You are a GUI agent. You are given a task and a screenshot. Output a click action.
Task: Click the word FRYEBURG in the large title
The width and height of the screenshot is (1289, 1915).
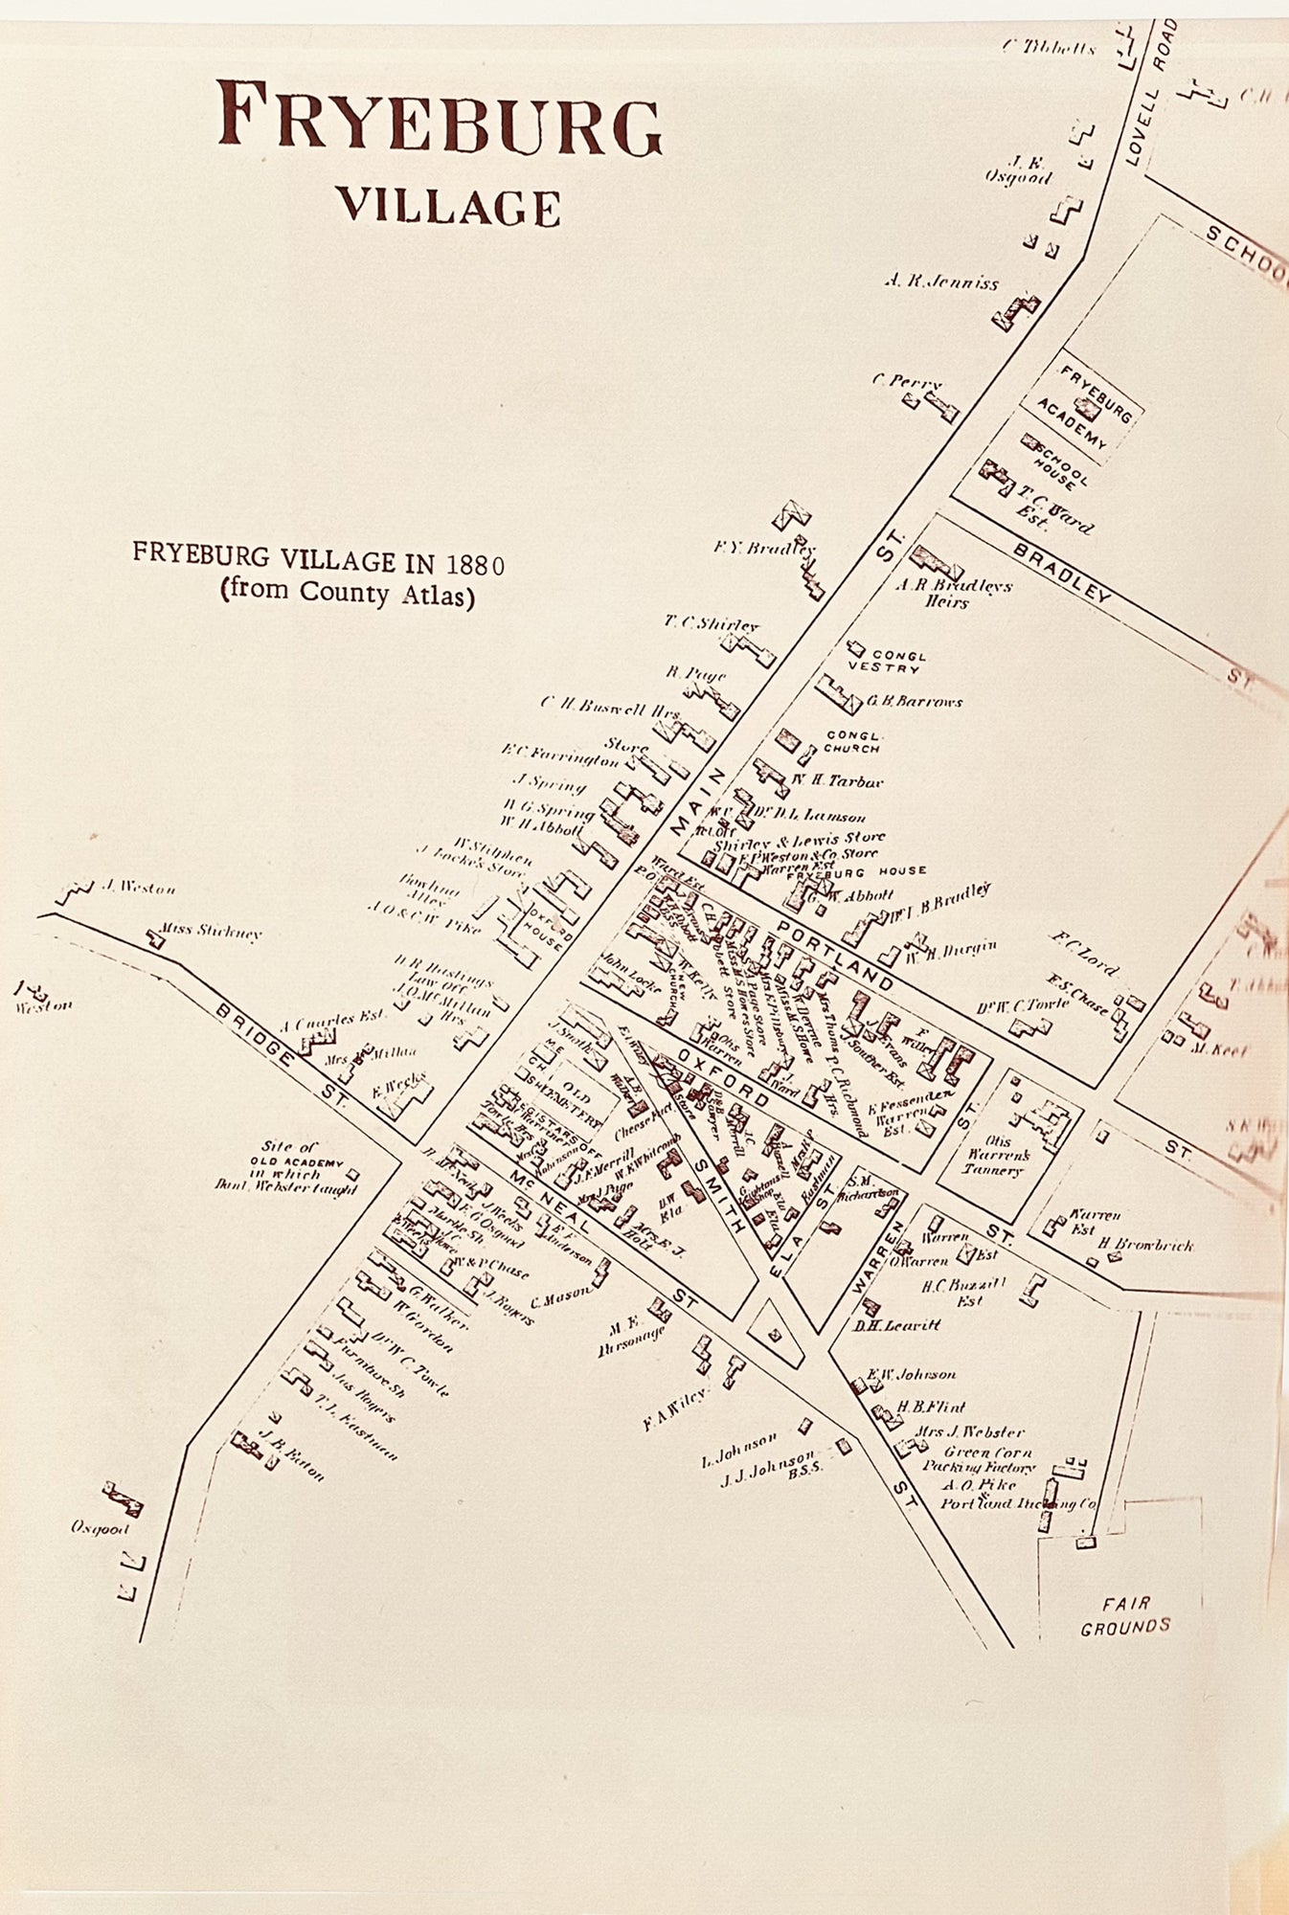coord(440,118)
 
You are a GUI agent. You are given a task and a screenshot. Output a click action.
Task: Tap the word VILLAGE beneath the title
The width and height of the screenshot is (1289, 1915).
coord(447,205)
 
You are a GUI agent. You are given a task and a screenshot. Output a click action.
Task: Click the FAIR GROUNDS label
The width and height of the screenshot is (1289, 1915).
coord(1125,1613)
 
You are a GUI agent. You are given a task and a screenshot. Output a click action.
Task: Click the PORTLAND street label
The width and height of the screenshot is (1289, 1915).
coord(835,954)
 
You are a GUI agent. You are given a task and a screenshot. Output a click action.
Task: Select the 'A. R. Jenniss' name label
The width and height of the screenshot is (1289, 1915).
coord(941,282)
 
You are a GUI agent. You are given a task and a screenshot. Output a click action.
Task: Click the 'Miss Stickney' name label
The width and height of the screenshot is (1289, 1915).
coord(211,932)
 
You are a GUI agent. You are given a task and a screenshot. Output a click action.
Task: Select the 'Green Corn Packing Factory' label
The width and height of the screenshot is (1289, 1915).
coord(979,1459)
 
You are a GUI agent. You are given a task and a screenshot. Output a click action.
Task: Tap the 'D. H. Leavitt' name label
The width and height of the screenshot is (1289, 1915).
coord(897,1325)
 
